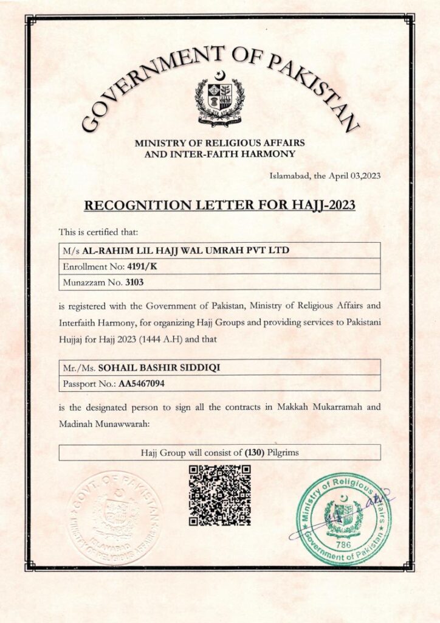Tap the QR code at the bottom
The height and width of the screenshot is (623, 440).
(x=219, y=495)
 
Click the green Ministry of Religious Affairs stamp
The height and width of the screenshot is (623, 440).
(x=344, y=519)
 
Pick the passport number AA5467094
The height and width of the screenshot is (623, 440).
(x=142, y=384)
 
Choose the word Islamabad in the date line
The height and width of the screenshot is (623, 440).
(x=289, y=176)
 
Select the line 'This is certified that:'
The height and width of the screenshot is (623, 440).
(x=98, y=232)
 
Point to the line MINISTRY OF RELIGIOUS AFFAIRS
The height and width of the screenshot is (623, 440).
(x=219, y=144)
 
